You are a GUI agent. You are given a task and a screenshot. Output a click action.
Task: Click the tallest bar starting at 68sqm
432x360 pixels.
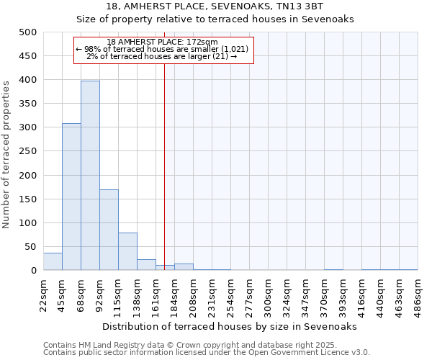pyautogui.click(x=90, y=176)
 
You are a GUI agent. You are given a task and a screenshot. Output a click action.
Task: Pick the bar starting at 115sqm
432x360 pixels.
pyautogui.click(x=127, y=251)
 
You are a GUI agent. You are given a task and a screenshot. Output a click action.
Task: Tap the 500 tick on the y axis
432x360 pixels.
pyautogui.click(x=27, y=32)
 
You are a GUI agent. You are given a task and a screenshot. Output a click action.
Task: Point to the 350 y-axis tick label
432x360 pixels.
pyautogui.click(x=27, y=104)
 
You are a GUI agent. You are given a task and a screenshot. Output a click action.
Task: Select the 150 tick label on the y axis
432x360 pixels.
pyautogui.click(x=27, y=199)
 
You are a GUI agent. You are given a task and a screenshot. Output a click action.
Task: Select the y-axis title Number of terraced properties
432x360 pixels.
pyautogui.click(x=6, y=154)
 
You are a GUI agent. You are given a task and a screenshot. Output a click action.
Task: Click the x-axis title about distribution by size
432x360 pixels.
pyautogui.click(x=230, y=326)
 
